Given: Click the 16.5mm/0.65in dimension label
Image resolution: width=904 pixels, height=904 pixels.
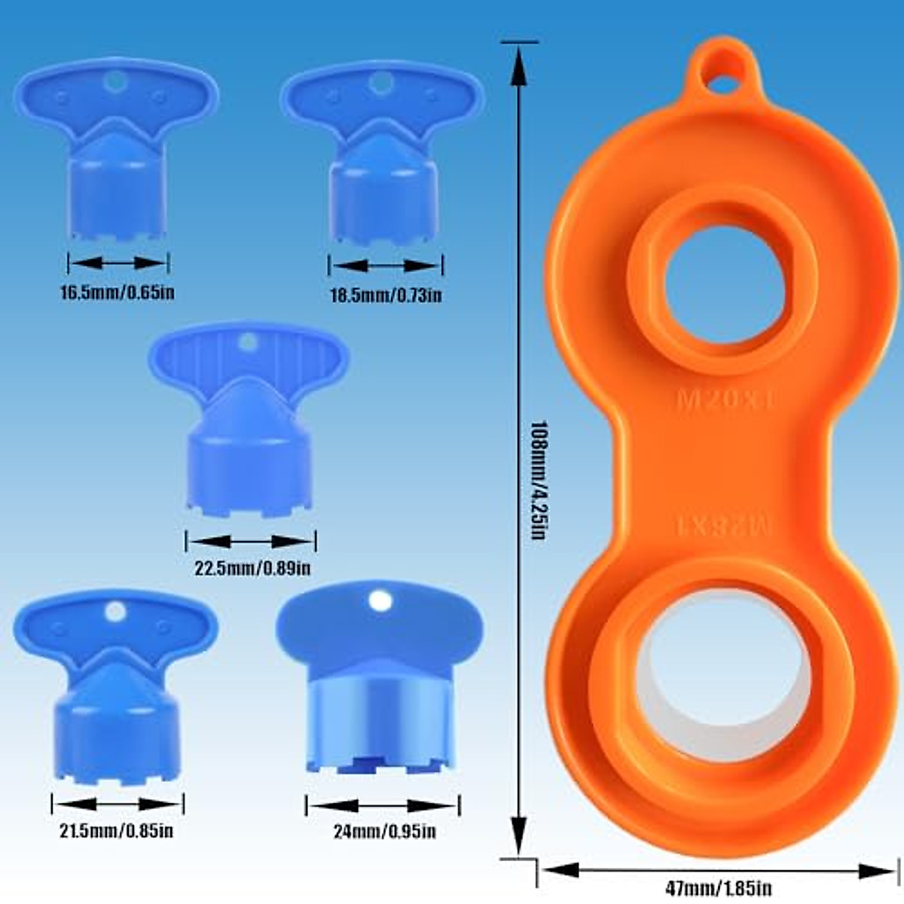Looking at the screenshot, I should (117, 292).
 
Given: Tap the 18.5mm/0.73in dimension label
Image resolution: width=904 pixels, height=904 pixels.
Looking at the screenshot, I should (386, 294).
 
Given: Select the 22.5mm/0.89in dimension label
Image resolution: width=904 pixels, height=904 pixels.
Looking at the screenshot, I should (252, 568).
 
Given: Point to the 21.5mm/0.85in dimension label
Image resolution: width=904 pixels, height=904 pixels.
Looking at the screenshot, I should (117, 831).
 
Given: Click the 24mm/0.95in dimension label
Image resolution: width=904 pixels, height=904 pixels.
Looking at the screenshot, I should (384, 832).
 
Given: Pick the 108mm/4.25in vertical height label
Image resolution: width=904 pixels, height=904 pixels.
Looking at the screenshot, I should (536, 479).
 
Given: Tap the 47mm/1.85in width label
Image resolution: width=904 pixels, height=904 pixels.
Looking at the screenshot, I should (718, 888).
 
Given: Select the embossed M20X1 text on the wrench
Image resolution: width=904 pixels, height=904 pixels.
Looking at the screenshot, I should (725, 399).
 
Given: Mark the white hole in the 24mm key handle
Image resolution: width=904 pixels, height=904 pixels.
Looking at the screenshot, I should (380, 601).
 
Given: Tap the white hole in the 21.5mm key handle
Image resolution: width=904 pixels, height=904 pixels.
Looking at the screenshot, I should (115, 611).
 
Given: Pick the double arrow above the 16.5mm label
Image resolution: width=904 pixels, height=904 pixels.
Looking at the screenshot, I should (118, 263).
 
